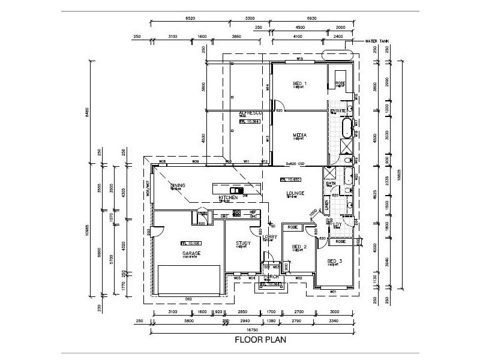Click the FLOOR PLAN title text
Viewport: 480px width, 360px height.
click(260, 340)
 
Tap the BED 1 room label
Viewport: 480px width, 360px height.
click(299, 83)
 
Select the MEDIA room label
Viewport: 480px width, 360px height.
click(299, 136)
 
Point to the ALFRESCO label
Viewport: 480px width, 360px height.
click(248, 113)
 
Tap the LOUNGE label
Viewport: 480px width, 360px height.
click(295, 193)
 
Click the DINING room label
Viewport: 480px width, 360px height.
click(178, 185)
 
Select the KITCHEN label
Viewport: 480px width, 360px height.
click(228, 197)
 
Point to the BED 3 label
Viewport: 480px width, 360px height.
click(335, 261)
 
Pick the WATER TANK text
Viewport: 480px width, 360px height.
click(377, 42)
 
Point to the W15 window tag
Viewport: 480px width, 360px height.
click(299, 60)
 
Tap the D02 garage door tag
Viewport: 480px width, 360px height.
click(188, 298)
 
